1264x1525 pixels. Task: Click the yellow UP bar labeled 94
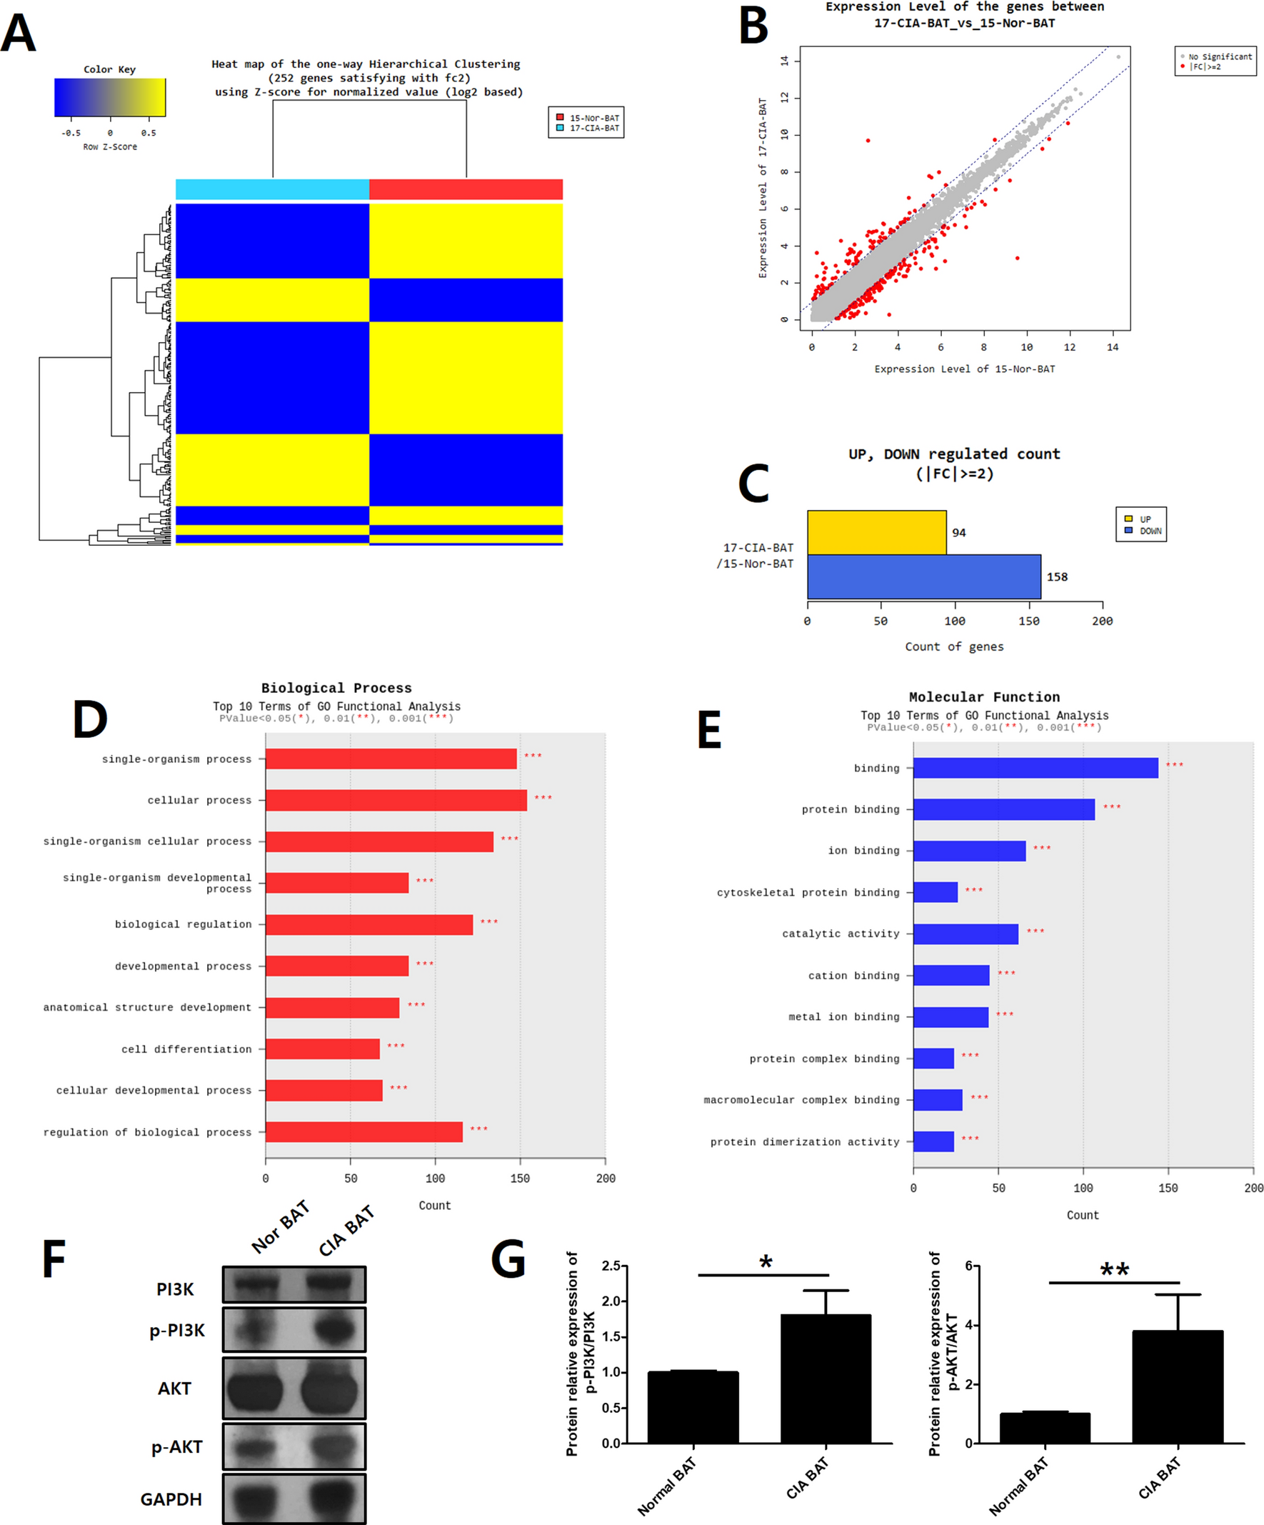tap(876, 532)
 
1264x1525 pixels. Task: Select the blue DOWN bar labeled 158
tap(923, 576)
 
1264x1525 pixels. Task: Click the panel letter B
tap(753, 26)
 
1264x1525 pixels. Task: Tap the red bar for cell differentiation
tap(322, 1049)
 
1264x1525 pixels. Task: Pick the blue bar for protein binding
tap(1003, 809)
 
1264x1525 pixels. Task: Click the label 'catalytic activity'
tap(840, 934)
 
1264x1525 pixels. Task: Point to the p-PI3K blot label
tap(176, 1331)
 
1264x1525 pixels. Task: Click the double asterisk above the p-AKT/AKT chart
tap(1114, 1270)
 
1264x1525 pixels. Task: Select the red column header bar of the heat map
tap(466, 189)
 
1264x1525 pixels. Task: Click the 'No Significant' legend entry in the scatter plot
tap(1219, 56)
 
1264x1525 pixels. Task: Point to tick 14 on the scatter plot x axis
tap(1113, 347)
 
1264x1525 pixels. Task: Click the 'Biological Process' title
tap(336, 688)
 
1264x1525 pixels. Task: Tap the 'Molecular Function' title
tap(984, 697)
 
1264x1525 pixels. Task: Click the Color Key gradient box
tap(110, 97)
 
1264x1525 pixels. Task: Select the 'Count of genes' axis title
tap(954, 646)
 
